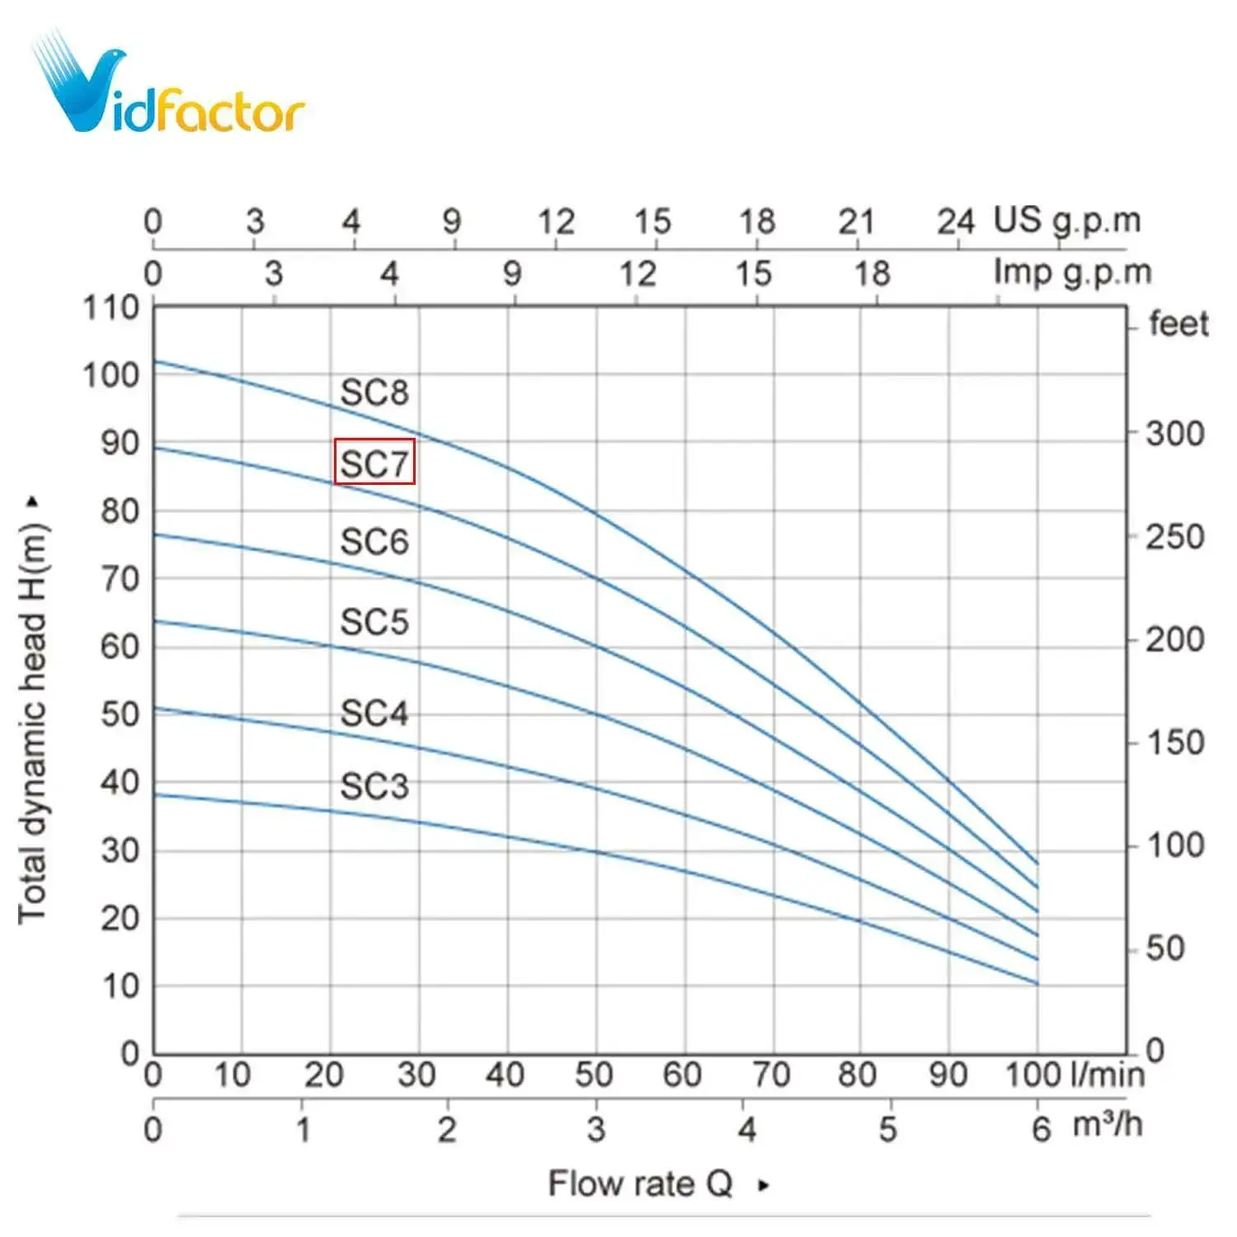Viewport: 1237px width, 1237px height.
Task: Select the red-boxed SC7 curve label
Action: (374, 462)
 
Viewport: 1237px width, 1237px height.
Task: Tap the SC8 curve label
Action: (374, 393)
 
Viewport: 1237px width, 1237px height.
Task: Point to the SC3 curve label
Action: (374, 786)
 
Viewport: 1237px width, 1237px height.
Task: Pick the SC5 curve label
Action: (374, 622)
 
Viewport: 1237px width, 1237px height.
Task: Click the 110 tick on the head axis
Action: (111, 308)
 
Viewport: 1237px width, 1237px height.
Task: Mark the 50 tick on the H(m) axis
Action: (120, 714)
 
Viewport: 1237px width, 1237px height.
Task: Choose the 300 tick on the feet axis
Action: (1175, 434)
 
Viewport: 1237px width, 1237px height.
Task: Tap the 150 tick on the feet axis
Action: (1175, 743)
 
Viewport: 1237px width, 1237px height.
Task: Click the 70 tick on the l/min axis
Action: (771, 1075)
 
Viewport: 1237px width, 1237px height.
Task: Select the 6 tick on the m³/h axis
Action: (1041, 1129)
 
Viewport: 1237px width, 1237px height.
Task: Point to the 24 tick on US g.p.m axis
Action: (956, 222)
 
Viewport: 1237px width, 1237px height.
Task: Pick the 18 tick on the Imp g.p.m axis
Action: (872, 274)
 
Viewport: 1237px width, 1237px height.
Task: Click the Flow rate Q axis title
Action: (641, 1184)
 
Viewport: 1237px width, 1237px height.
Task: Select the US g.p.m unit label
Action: (1067, 221)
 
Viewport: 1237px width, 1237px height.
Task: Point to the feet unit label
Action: (1178, 323)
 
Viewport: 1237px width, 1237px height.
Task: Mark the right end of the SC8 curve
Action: (1037, 863)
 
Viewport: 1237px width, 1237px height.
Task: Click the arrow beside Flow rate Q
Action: (764, 1185)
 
